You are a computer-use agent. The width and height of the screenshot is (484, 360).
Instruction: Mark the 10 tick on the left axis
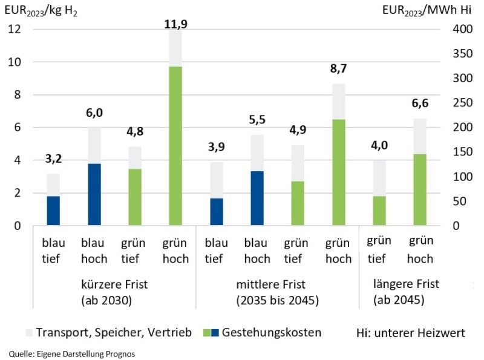[x=14, y=62]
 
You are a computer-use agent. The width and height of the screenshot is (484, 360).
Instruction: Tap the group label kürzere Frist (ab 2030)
[x=114, y=292]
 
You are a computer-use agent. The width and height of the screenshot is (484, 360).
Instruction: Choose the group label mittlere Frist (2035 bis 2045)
[x=278, y=292]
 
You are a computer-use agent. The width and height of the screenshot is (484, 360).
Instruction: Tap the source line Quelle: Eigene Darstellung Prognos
[x=72, y=354]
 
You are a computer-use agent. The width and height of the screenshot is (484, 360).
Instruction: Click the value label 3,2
[x=54, y=160]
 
